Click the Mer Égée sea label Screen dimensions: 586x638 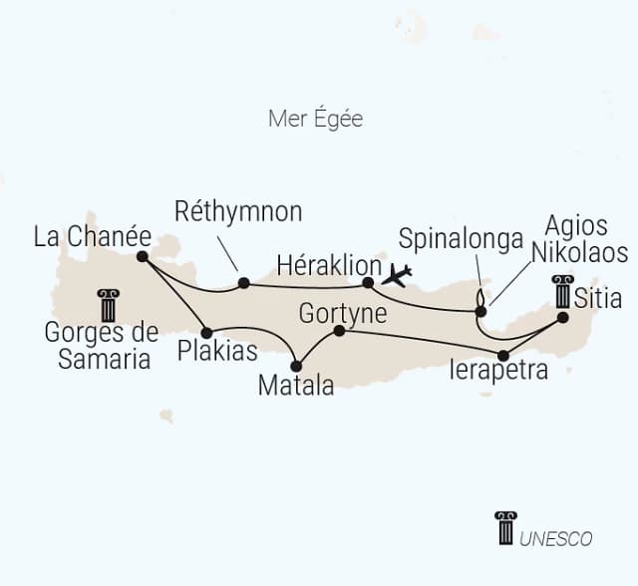click(x=315, y=120)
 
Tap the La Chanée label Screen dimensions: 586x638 click(x=92, y=237)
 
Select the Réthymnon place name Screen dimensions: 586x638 click(x=238, y=211)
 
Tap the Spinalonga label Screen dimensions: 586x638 click(x=461, y=238)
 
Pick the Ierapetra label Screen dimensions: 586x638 click(x=498, y=372)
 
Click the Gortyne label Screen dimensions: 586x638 click(x=339, y=313)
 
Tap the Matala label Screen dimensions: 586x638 click(x=296, y=385)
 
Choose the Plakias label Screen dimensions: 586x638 click(x=218, y=351)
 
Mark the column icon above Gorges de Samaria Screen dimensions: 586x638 click(x=108, y=305)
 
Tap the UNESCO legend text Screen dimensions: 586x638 click(x=556, y=539)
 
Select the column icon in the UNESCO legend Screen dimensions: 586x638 click(x=505, y=528)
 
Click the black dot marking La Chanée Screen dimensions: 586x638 click(x=143, y=256)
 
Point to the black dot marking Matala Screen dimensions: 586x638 click(x=296, y=366)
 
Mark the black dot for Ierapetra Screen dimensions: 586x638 click(x=503, y=355)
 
